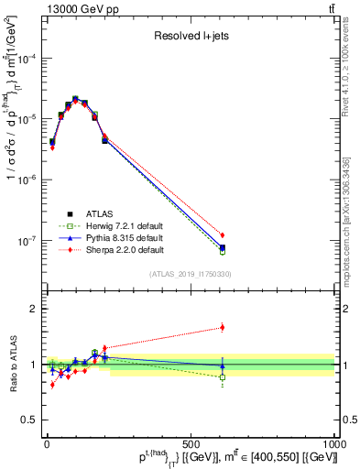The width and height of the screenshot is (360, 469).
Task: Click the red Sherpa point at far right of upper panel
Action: [x=223, y=235]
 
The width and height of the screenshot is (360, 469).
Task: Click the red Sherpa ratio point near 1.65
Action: [x=223, y=327]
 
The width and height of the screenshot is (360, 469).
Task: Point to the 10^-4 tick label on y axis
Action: [x=26, y=59]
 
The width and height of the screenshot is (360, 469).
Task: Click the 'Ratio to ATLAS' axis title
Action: [x=10, y=365]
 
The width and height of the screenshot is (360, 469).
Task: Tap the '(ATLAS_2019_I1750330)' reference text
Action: [x=191, y=274]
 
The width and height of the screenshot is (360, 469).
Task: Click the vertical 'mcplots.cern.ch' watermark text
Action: [x=352, y=229]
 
